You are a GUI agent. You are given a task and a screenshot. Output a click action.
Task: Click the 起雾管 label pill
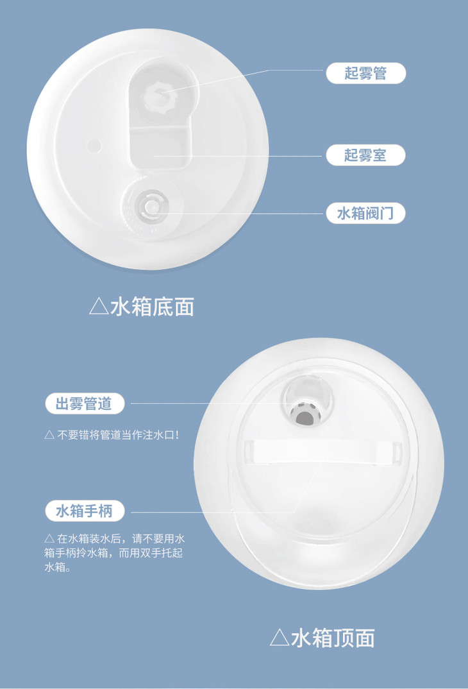365,73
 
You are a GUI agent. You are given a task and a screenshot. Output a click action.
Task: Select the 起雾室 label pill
365,155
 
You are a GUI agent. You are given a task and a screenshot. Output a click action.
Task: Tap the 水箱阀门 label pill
365,214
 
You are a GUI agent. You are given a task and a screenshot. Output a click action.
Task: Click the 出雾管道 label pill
85,404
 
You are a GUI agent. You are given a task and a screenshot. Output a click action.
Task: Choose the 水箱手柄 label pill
85,511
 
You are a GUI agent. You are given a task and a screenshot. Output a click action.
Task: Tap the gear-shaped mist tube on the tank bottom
160,98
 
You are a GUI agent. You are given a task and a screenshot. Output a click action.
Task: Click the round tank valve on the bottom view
151,206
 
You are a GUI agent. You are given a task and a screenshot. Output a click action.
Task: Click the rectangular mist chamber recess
161,147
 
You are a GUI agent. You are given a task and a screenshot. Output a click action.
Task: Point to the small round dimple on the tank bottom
94,146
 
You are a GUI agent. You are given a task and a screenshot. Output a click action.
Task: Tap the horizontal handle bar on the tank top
323,452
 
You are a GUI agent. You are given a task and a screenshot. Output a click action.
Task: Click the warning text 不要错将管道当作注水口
118,435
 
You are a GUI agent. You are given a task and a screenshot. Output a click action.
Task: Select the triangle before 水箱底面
99,306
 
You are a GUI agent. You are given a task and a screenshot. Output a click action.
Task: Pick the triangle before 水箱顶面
280,638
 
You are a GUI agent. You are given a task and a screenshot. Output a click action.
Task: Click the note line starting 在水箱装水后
115,538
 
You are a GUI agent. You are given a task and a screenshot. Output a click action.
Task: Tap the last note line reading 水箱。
58,567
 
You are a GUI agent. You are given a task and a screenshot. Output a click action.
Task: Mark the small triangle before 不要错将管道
49,435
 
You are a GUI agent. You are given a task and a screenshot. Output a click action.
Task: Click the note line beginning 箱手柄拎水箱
113,553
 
